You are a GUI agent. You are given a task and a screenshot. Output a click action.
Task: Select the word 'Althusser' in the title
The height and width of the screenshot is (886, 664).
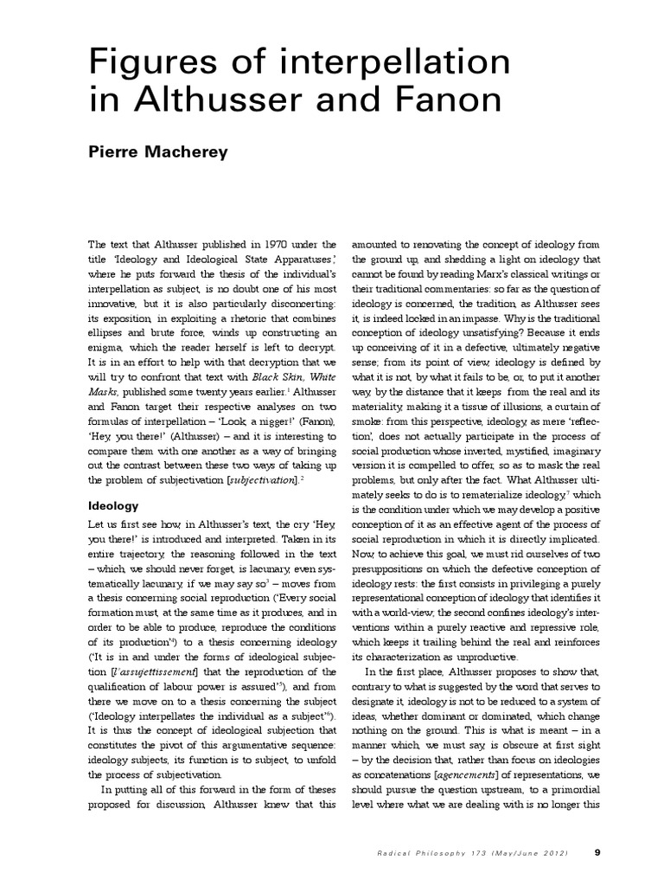pos(227,100)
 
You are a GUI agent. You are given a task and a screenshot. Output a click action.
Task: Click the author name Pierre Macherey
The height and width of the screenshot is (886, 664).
pos(159,153)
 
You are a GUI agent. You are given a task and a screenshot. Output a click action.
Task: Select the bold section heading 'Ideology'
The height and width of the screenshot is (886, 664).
pos(115,504)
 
